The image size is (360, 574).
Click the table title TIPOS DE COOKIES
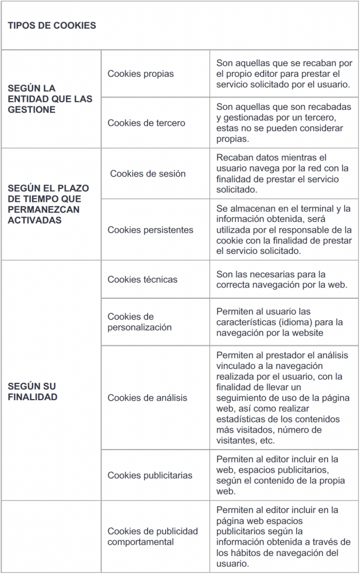[x=52, y=25]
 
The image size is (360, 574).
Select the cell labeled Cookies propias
[x=141, y=73]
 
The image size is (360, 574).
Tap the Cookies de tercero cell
[x=146, y=123]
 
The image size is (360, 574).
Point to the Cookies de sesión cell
[x=147, y=173]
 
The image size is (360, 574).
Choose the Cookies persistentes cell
[x=150, y=230]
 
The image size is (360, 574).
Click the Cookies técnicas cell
[x=142, y=279]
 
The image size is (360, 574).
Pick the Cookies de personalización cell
[x=140, y=322]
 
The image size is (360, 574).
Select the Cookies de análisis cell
[x=147, y=397]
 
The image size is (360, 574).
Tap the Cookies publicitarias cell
[x=150, y=475]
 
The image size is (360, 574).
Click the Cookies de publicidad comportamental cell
[x=153, y=536]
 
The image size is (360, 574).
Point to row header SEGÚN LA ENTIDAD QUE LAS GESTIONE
[x=50, y=99]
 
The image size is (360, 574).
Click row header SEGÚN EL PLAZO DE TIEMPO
[x=48, y=204]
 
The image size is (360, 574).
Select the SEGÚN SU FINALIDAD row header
[x=33, y=391]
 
